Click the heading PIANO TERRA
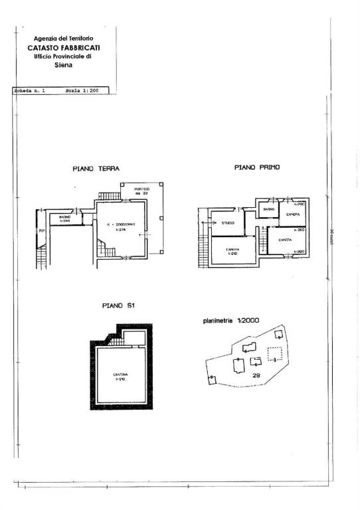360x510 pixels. coord(96,169)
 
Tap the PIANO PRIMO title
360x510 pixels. coord(256,168)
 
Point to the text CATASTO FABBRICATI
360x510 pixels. coord(65,48)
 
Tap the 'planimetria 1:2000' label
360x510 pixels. coord(230,320)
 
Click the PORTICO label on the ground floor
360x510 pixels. coord(141,189)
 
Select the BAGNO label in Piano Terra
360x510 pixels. coord(64,217)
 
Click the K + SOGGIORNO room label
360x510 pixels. coord(120,224)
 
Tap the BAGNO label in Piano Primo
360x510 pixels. coord(268,210)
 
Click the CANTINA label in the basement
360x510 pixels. coord(120,375)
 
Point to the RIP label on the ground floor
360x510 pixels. coord(41,231)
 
